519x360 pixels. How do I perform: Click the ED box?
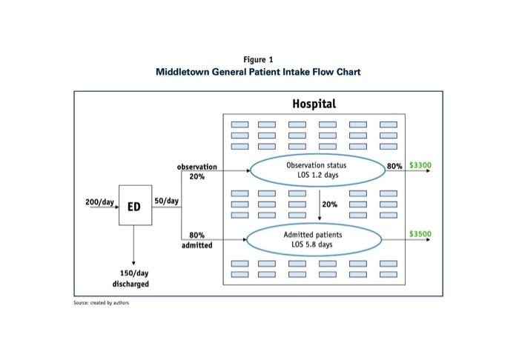(134, 207)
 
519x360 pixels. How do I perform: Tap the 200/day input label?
(99, 201)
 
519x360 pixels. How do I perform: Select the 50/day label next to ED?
(166, 201)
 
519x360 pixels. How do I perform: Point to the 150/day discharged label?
(130, 279)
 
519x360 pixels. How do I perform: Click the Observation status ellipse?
(316, 170)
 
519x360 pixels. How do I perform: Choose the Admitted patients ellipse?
(313, 239)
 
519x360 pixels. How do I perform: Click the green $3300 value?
(420, 165)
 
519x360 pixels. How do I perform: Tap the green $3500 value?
(420, 234)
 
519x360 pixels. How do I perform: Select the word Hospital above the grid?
(314, 104)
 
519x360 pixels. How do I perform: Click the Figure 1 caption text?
(258, 59)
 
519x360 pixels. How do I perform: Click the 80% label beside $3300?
(394, 166)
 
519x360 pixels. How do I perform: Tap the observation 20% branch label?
(197, 172)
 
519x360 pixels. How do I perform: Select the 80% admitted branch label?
(197, 240)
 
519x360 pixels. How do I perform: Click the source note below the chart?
(96, 302)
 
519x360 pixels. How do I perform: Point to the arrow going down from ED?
(133, 244)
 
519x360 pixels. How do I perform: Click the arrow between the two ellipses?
(320, 204)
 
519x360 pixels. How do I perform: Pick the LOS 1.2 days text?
(316, 176)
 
